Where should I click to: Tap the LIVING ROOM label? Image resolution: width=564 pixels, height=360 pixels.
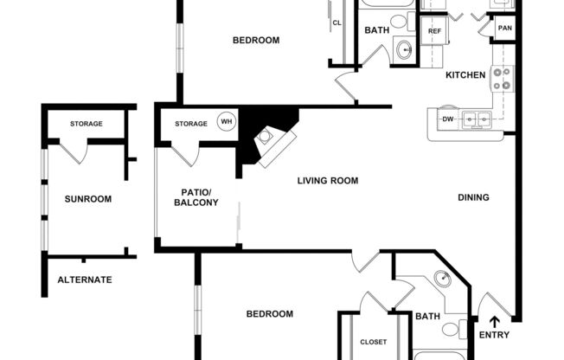[x=327, y=181]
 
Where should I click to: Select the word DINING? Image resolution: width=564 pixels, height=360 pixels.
[x=473, y=197]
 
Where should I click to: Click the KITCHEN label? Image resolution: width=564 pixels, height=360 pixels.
[x=465, y=75]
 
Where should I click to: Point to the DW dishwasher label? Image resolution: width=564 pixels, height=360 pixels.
[x=447, y=119]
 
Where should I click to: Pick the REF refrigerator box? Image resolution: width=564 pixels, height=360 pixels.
[x=435, y=31]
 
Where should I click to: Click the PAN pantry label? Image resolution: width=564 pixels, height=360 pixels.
[x=504, y=28]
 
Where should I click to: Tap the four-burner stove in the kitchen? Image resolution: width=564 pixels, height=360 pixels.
[x=502, y=79]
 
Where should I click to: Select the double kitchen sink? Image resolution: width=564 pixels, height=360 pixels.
[x=475, y=119]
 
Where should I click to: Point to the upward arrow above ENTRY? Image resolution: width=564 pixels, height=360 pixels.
[x=494, y=322]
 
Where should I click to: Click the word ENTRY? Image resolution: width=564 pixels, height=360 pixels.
[x=494, y=336]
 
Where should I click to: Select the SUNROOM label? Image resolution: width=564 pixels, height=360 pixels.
[x=88, y=199]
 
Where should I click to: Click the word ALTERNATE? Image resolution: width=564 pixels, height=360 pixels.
[x=85, y=280]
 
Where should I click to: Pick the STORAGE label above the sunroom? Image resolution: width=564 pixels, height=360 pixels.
[x=87, y=124]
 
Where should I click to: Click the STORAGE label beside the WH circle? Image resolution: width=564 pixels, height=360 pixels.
[x=191, y=124]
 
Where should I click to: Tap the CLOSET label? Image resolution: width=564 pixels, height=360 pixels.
[x=373, y=342]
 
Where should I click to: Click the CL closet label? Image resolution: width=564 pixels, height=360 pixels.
[x=336, y=23]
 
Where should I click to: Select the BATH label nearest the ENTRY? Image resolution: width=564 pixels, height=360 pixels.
[x=427, y=317]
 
